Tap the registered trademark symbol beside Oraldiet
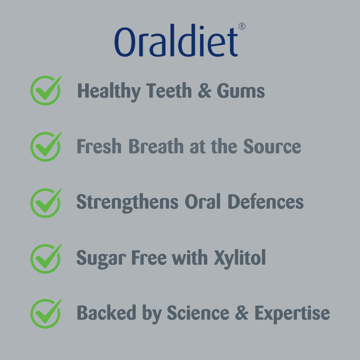242,26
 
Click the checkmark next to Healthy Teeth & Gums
46,90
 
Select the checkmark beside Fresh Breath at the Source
46,147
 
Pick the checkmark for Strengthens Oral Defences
46,203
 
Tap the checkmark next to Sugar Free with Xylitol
46,258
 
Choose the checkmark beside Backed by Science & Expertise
46,313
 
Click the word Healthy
109,92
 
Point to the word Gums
240,91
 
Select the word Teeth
169,91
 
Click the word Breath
156,146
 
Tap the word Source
272,146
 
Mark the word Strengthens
127,203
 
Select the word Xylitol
240,258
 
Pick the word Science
198,313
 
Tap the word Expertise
292,314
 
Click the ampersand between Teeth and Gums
204,91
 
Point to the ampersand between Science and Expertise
242,313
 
